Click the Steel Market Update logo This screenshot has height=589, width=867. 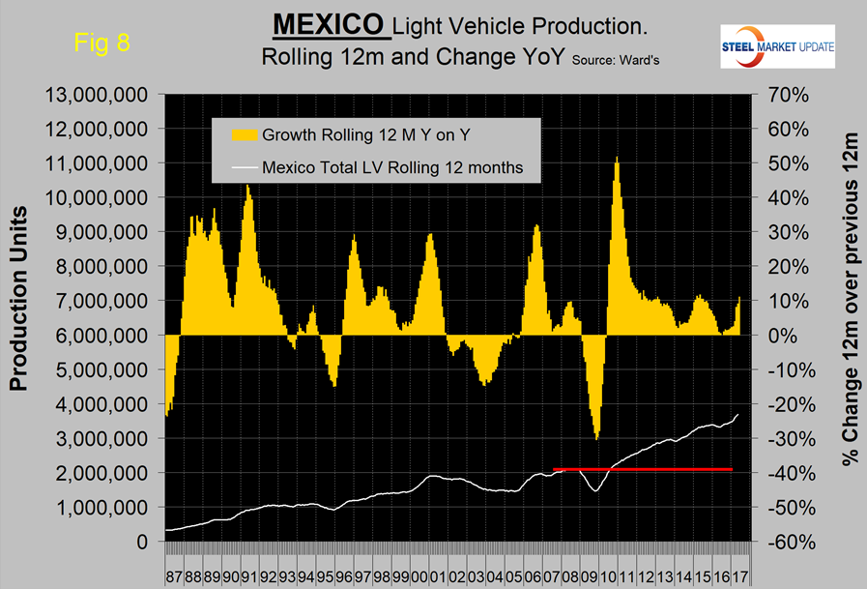(779, 46)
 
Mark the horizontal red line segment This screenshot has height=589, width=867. (643, 469)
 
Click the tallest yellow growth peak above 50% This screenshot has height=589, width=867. (616, 161)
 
